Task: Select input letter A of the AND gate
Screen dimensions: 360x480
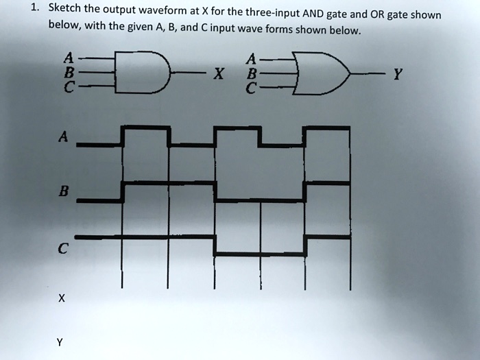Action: point(67,58)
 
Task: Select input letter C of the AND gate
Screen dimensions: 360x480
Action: point(67,87)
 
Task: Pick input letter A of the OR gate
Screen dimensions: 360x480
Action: point(254,58)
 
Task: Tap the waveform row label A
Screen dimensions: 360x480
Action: point(62,136)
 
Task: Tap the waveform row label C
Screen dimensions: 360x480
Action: point(62,250)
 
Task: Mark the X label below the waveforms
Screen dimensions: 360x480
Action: point(61,298)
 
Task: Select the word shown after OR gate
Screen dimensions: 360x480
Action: point(427,16)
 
